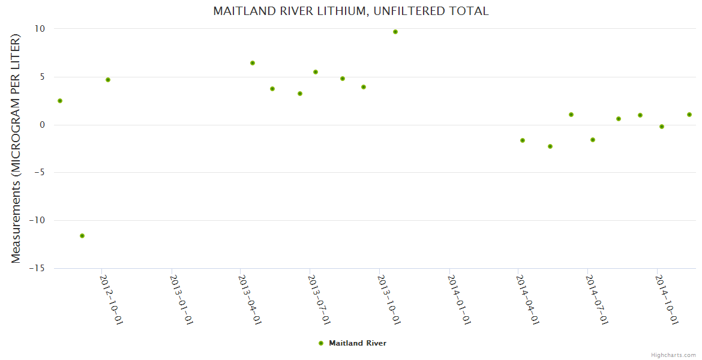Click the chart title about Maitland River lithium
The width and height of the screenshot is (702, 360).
tap(350, 11)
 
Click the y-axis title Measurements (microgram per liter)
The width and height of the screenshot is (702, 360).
tap(16, 148)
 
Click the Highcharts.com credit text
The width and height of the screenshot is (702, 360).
tap(673, 355)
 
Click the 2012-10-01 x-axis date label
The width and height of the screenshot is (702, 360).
tap(112, 300)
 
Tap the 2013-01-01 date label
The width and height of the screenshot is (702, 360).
tap(181, 300)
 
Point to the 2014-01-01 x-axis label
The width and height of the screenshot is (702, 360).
tap(459, 300)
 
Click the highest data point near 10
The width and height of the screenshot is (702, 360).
tap(395, 32)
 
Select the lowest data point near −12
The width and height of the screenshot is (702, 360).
tap(82, 236)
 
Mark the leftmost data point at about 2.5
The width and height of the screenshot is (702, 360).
tap(60, 101)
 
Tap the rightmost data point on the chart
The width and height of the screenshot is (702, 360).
tap(689, 115)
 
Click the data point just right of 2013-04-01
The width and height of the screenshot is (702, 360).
tap(253, 63)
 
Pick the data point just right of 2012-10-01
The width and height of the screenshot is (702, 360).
tap(108, 80)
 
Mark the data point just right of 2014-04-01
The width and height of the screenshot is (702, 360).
tap(523, 140)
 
